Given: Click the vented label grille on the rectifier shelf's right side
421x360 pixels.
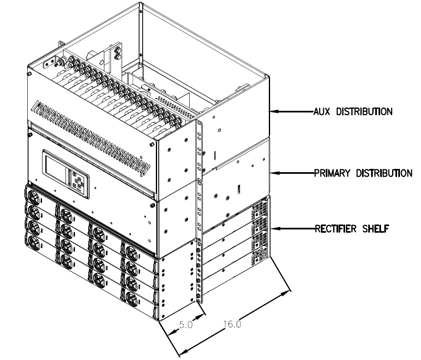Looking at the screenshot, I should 259,231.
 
